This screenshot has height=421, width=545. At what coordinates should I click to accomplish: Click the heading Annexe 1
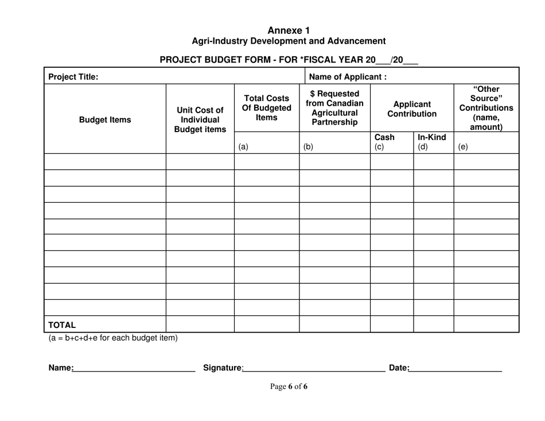[289, 30]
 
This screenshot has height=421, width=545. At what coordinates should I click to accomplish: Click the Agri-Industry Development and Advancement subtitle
[289, 41]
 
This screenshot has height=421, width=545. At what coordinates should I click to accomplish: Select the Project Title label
[73, 76]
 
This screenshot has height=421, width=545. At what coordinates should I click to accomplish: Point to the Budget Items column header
[105, 120]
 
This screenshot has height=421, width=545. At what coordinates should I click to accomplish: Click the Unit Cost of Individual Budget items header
[200, 120]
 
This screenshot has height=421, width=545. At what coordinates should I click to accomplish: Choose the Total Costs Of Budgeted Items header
[266, 107]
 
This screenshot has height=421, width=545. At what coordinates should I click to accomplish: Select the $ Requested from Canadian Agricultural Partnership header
[334, 107]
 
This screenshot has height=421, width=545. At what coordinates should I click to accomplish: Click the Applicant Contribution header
[411, 109]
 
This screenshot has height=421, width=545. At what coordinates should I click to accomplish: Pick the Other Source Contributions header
[486, 107]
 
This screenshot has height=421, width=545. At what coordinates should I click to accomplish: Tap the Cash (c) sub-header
[384, 142]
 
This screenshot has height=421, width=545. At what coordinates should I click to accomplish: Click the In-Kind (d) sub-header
[431, 142]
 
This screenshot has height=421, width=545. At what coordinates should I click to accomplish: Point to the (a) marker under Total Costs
[243, 146]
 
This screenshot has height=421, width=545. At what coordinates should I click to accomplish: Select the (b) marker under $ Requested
[308, 146]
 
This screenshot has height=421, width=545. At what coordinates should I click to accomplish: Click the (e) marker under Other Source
[463, 146]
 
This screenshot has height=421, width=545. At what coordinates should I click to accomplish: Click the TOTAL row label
[62, 325]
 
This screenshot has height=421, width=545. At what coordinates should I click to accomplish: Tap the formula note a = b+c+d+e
[113, 338]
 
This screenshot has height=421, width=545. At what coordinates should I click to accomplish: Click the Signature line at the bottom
[313, 368]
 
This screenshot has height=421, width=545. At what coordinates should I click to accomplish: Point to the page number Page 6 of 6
[289, 387]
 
